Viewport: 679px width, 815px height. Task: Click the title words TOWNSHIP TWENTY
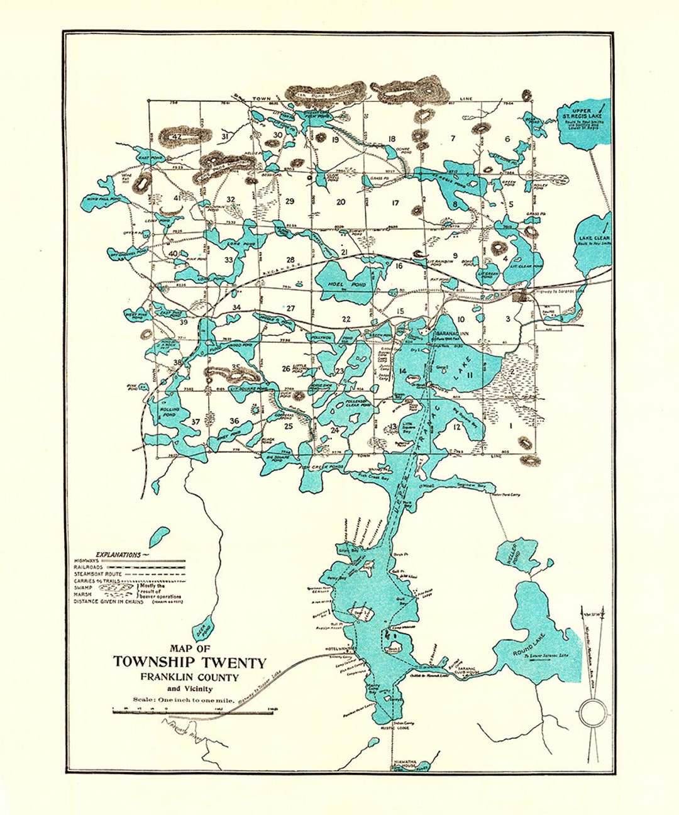[190, 662]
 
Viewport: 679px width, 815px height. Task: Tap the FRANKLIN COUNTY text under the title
[190, 677]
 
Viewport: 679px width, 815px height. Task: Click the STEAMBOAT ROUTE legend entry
[100, 574]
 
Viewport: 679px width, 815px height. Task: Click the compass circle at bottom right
[592, 713]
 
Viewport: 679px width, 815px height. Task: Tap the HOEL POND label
[338, 284]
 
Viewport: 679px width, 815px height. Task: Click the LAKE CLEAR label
[592, 238]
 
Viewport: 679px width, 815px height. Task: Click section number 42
[177, 136]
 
